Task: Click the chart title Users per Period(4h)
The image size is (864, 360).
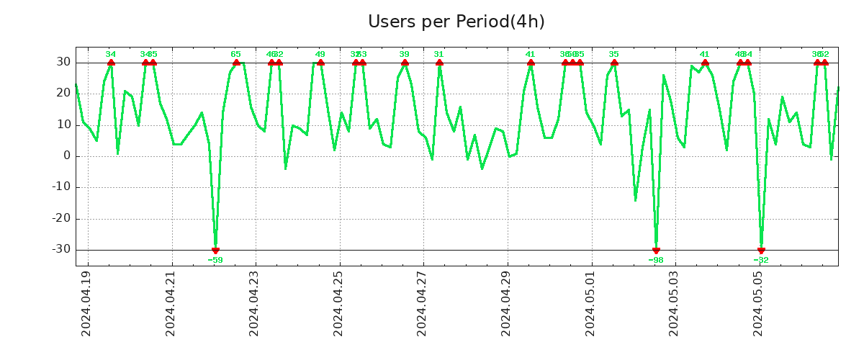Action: click(456, 22)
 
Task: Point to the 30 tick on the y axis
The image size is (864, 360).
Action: click(63, 63)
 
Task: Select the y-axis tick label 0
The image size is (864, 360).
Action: click(66, 156)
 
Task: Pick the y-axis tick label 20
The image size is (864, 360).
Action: click(63, 94)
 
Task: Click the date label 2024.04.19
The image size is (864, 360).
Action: click(86, 303)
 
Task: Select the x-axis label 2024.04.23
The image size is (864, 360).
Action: click(254, 303)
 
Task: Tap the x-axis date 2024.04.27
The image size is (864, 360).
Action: click(422, 303)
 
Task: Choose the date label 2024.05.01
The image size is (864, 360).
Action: click(590, 303)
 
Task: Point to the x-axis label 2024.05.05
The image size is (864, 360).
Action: click(758, 303)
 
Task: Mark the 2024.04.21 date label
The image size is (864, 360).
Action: click(171, 303)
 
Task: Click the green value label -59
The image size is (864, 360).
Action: click(215, 260)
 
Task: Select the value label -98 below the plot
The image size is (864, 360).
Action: click(656, 260)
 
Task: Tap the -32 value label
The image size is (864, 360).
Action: click(761, 260)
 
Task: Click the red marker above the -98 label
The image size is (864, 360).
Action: click(656, 250)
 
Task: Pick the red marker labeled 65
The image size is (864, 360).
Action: click(236, 63)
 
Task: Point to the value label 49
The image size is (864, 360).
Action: click(320, 54)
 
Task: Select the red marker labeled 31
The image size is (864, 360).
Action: click(439, 63)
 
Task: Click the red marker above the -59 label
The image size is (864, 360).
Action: click(215, 250)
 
